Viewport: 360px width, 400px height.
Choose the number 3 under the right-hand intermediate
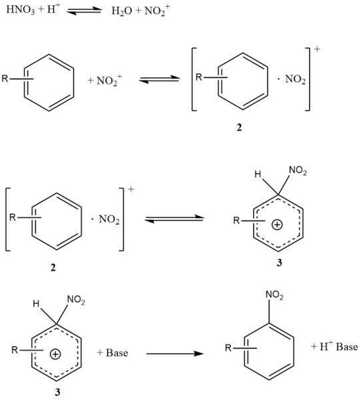click(279, 262)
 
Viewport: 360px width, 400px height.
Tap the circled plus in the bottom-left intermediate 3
click(55, 353)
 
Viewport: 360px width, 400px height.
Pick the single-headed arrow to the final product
click(173, 353)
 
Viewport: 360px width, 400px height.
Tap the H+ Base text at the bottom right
click(335, 347)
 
